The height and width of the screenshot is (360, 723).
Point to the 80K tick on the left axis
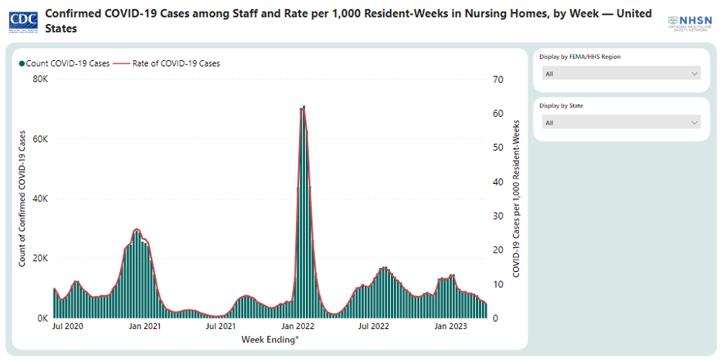point(39,80)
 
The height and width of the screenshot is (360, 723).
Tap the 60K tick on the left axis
point(39,140)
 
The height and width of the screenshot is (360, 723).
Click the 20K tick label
point(39,258)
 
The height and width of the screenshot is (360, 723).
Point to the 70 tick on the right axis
point(498,80)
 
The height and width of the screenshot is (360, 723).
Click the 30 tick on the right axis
point(498,216)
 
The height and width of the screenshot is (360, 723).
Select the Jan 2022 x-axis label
point(297,327)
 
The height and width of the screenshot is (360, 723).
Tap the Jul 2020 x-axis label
point(68,327)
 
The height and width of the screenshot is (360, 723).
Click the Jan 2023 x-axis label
point(450,327)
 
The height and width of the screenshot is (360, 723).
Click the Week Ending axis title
point(270,339)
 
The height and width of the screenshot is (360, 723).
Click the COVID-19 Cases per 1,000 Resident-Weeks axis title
point(516,199)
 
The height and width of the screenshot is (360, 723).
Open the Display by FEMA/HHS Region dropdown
point(621,73)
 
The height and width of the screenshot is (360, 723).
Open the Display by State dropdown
point(621,123)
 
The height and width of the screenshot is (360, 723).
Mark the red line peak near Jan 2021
point(137,229)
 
